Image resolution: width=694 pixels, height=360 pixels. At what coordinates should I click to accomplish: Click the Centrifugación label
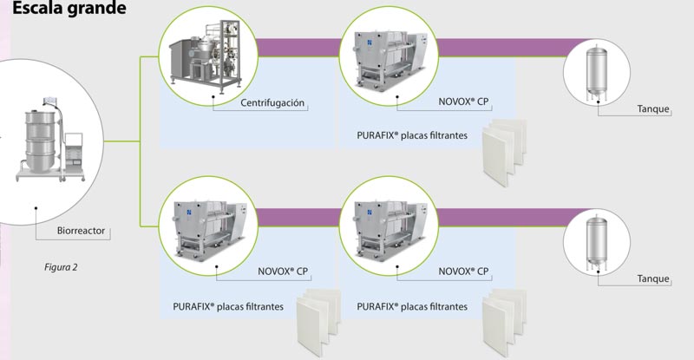[x=272, y=102]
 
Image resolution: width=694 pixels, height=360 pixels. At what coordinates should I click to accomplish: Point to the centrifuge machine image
[x=203, y=59]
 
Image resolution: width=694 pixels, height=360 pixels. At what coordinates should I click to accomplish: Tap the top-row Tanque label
[x=653, y=109]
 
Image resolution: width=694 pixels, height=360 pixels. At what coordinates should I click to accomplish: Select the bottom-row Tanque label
[x=653, y=278]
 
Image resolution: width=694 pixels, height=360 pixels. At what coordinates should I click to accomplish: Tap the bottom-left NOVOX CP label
[x=283, y=272]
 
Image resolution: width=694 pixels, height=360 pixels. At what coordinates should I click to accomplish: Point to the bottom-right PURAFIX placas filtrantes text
[x=412, y=306]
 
